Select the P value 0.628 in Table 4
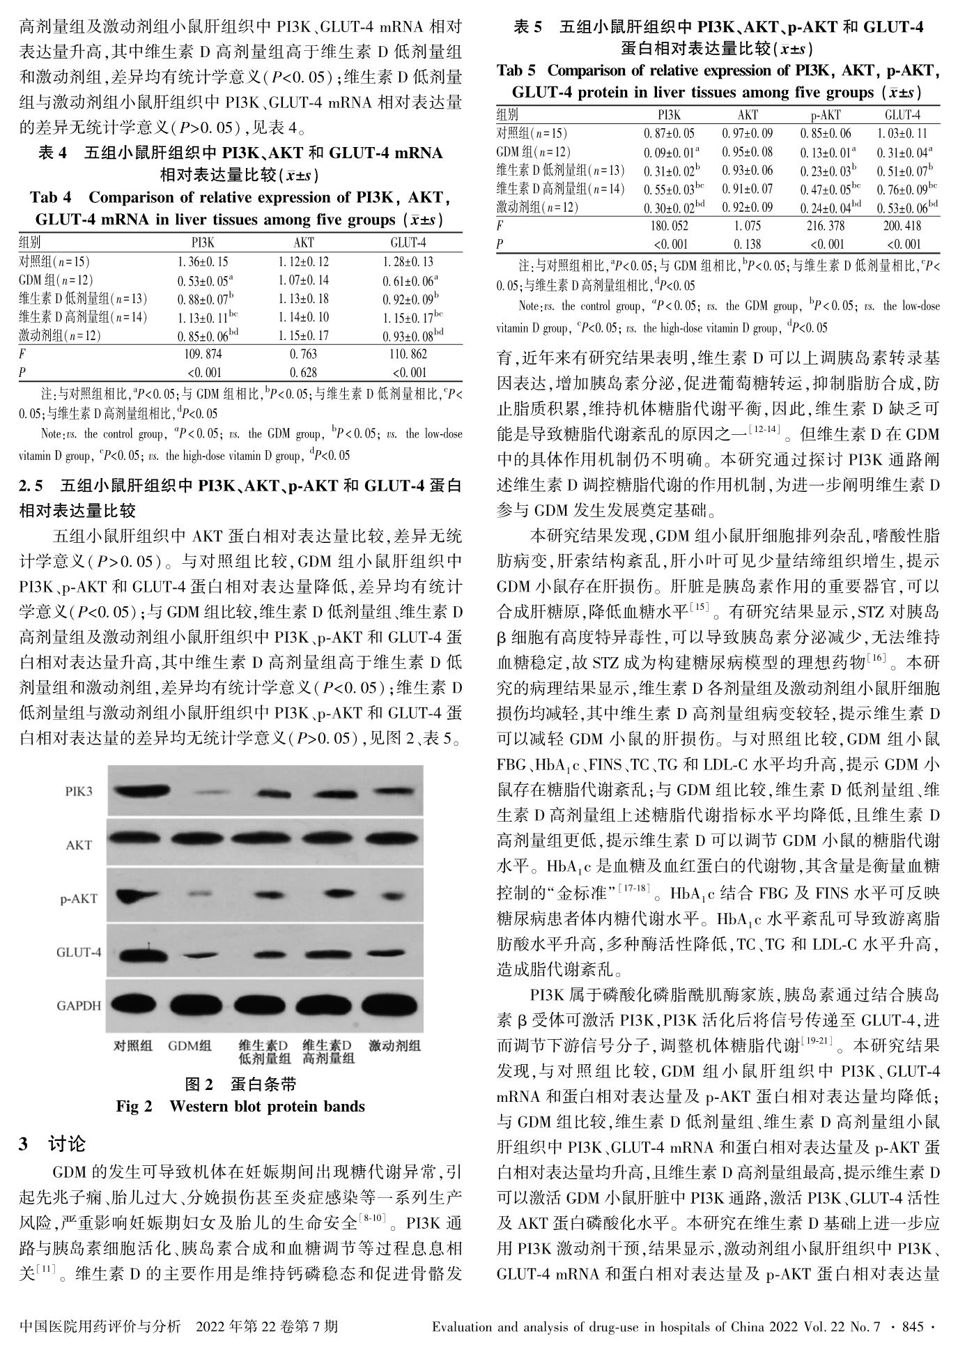click(x=304, y=373)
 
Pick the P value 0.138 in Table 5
click(x=748, y=245)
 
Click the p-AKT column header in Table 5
click(x=826, y=115)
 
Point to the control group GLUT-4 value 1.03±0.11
click(x=903, y=133)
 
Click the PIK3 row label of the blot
click(x=79, y=792)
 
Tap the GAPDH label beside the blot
click(x=79, y=1006)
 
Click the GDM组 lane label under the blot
click(x=190, y=1046)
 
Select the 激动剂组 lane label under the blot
click(x=395, y=1046)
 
